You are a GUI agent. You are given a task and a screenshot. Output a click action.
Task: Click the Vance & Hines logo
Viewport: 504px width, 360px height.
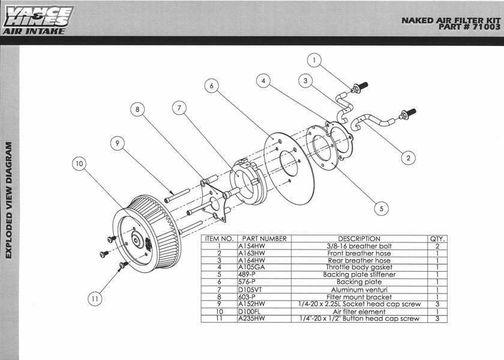coord(38,20)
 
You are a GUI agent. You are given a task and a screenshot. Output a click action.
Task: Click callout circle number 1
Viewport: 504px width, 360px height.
coord(314,60)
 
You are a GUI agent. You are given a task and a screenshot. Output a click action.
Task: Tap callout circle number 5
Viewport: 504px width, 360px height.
coord(382,209)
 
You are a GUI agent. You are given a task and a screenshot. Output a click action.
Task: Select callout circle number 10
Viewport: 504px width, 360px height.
coord(79,164)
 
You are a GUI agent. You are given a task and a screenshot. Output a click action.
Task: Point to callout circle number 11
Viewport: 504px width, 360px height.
coord(95,299)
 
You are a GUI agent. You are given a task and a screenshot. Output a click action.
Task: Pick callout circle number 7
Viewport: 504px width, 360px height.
coord(179,108)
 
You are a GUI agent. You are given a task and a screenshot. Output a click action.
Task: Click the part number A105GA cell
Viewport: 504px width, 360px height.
coord(264,268)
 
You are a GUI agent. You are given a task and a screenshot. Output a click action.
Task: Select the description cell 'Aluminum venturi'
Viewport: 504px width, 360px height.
coord(359,290)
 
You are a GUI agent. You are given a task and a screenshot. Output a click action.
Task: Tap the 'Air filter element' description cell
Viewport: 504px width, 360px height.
coord(359,311)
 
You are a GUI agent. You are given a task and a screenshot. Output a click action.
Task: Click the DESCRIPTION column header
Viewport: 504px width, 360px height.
coord(359,239)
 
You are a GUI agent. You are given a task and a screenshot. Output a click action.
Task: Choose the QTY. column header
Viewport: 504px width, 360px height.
coord(437,239)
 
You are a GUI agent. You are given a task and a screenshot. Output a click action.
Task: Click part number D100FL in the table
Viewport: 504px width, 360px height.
coord(264,311)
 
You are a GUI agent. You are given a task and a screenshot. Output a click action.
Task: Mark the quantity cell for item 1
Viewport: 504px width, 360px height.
coord(437,246)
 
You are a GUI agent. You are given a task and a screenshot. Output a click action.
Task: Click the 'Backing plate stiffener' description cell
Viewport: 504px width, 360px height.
coord(359,275)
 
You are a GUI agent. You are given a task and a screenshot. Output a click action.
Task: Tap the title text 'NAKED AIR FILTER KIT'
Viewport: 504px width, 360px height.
coord(451,20)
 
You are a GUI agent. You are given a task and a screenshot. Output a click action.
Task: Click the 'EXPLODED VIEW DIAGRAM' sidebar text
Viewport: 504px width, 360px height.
coord(8,200)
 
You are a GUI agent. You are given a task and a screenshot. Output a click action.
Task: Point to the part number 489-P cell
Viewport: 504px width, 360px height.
coord(264,275)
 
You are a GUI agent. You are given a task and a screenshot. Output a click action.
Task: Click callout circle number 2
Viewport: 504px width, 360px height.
coord(408,158)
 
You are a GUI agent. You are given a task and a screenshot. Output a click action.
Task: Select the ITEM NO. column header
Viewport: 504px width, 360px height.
coord(219,239)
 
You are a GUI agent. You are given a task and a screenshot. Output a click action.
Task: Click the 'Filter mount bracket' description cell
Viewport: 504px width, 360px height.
coord(359,297)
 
